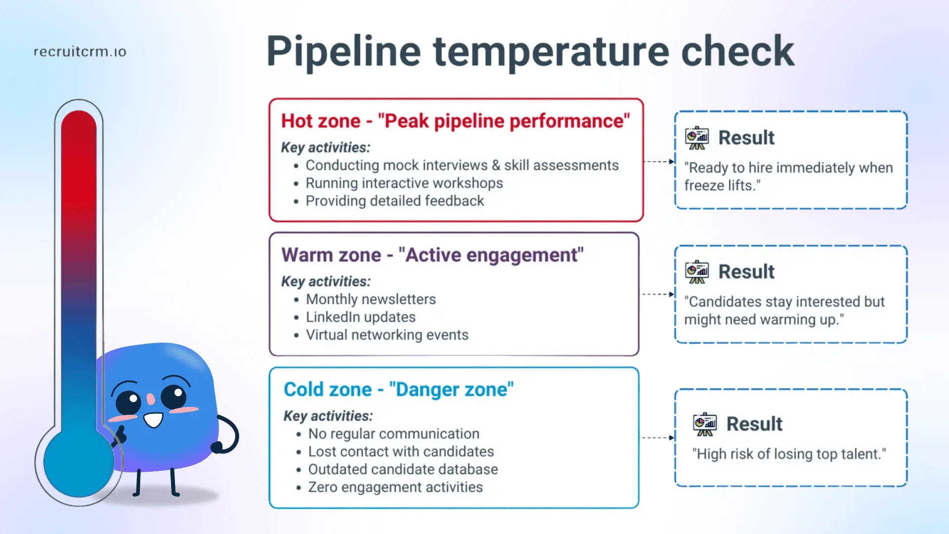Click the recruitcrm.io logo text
[x=80, y=52]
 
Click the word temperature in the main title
[x=551, y=52]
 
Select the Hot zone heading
[x=455, y=121]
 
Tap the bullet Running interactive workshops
[x=404, y=183]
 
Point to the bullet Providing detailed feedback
[x=394, y=201]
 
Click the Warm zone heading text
[x=432, y=255]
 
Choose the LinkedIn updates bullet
[x=360, y=317]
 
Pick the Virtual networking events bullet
[x=387, y=335]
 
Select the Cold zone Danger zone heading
[x=398, y=390]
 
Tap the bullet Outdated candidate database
[x=403, y=470]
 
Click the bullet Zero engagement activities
[x=395, y=488]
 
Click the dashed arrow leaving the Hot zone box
[x=658, y=162]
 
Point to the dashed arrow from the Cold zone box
[x=657, y=438]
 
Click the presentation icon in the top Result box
[x=696, y=138]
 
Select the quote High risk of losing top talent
[x=789, y=454]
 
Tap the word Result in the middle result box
[x=746, y=272]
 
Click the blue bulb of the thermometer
[x=78, y=462]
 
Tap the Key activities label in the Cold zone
[x=328, y=416]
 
